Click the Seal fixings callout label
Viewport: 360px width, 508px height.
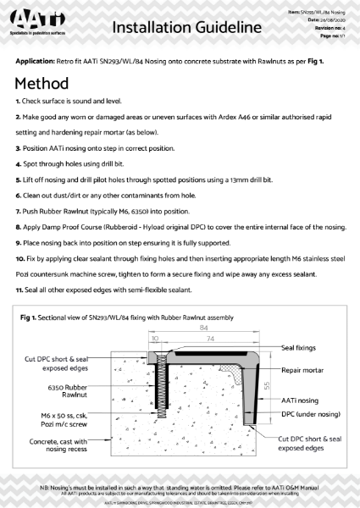(x=300, y=348)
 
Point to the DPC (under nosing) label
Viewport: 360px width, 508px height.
(x=306, y=415)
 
